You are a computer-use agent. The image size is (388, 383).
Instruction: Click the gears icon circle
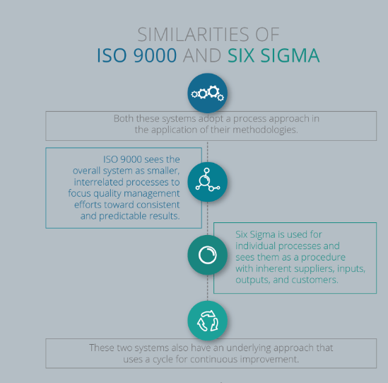(x=208, y=93)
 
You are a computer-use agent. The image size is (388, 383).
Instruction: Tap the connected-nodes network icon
(x=208, y=181)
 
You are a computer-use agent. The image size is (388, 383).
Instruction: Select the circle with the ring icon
(x=208, y=255)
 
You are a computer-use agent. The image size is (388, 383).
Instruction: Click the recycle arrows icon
(x=208, y=321)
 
